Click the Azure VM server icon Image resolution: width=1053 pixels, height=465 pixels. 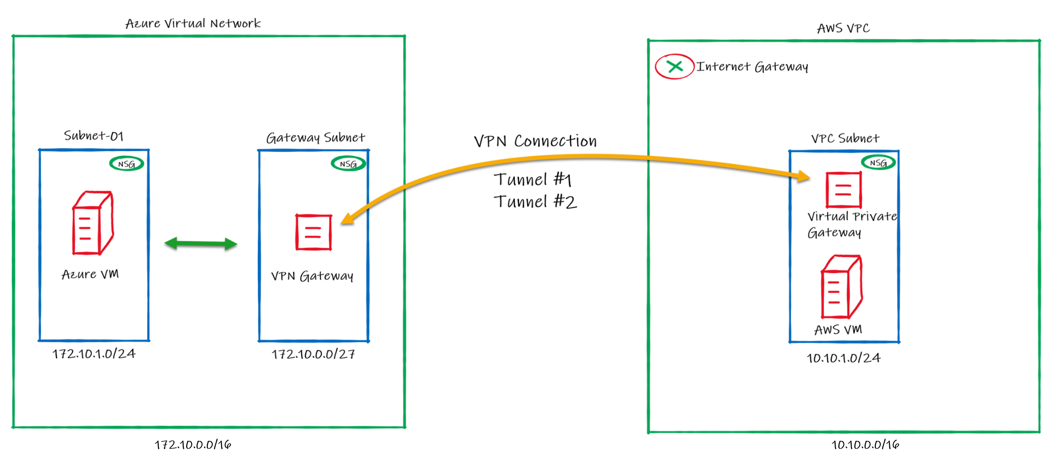point(93,223)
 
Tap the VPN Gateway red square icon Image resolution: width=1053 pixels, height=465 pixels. point(313,232)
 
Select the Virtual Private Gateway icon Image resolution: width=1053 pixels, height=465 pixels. point(843,190)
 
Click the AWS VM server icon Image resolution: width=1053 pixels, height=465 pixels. point(841,287)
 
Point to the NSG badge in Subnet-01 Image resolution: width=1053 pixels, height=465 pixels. point(126,163)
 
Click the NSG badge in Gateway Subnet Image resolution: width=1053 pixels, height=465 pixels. point(348,163)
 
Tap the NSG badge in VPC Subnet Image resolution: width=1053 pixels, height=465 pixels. point(878,163)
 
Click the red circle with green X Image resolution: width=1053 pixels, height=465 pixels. point(674,67)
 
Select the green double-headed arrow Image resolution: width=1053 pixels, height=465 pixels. point(201,243)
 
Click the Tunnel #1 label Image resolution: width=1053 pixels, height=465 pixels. point(533,179)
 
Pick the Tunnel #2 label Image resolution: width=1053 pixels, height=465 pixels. point(535,202)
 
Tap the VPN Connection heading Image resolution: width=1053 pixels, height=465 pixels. point(535,141)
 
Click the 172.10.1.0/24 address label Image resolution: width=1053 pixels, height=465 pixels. point(94,354)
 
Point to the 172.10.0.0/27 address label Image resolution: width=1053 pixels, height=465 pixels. point(313,354)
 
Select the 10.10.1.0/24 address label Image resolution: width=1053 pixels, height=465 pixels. point(843,358)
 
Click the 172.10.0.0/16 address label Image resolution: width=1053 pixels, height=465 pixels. point(193,445)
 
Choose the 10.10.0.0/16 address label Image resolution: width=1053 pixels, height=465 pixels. point(865,445)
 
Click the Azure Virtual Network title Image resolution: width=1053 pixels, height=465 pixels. point(193,23)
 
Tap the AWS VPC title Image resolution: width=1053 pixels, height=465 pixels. point(843,28)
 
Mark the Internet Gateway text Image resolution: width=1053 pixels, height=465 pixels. point(752,67)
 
